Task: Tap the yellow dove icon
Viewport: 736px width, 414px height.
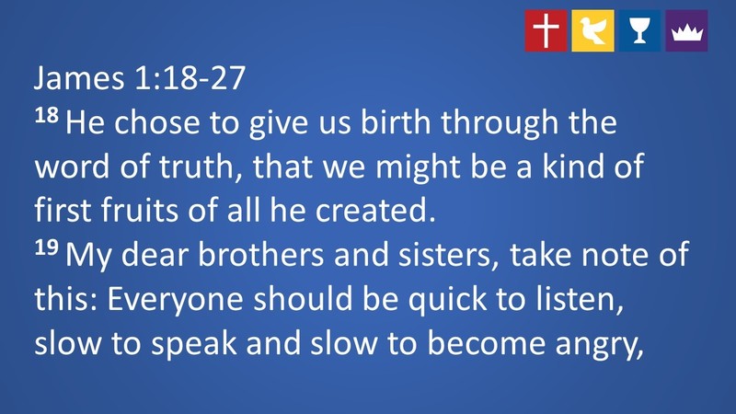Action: click(x=592, y=30)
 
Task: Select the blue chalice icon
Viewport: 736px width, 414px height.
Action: click(x=639, y=30)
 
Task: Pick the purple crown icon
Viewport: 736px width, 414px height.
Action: click(x=686, y=30)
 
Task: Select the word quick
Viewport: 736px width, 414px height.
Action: click(x=462, y=300)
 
